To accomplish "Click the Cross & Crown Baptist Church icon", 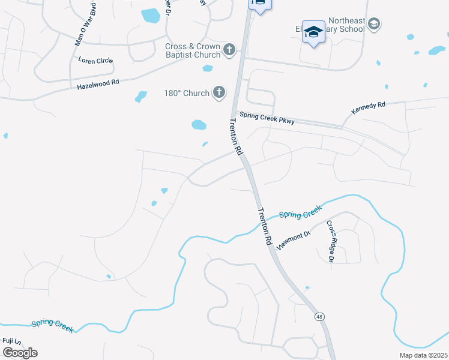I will tap(229, 50).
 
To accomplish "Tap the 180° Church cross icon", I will tap(219, 92).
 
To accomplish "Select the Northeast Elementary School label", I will tap(335, 28).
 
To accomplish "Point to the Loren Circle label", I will tap(95, 61).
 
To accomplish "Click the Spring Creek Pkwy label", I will tap(267, 118).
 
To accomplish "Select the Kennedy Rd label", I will tap(369, 109).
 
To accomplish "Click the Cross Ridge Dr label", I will tap(330, 241).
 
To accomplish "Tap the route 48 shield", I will tap(318, 316).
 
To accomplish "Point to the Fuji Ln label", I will tap(11, 341).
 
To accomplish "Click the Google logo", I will tap(20, 353).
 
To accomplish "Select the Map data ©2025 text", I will tap(423, 355).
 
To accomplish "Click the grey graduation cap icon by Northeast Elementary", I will tap(373, 23).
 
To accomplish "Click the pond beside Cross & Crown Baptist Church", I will tap(208, 68).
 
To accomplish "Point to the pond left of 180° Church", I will tap(141, 96).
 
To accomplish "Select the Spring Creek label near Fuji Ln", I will tap(52, 325).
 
